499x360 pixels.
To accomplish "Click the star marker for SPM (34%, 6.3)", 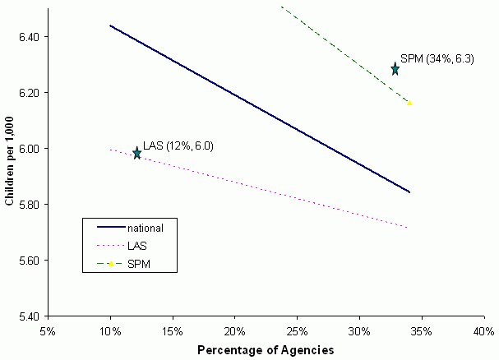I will tap(395, 69).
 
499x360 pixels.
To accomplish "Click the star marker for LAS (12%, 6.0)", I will tap(137, 153).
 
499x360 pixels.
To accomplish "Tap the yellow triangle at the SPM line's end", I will tap(409, 102).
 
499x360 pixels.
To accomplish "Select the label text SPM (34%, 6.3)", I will tap(437, 59).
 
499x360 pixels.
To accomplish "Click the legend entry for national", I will tap(149, 227).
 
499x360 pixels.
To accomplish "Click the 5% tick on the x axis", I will tap(48, 330).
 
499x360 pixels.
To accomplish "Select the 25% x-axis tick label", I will tap(297, 330).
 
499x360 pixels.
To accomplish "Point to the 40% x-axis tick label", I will tap(483, 330).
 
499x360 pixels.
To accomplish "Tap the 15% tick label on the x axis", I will tap(172, 330).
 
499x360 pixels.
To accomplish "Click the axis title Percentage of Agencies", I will tap(266, 349).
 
